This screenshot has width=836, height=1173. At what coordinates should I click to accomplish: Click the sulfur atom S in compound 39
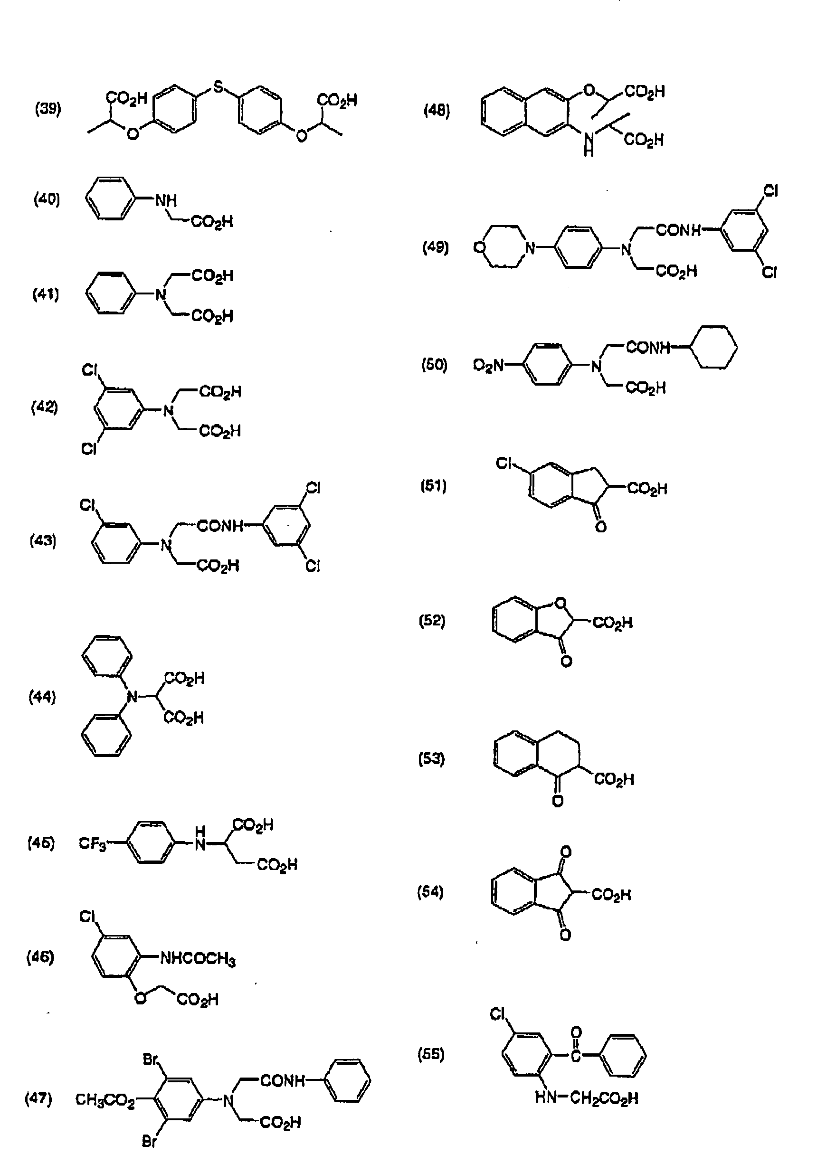(x=218, y=87)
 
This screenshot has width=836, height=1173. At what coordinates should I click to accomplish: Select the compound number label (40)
(x=47, y=199)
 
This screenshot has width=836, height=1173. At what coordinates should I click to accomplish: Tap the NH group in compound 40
(x=166, y=200)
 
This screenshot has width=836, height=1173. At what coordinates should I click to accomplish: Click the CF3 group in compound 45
(x=92, y=843)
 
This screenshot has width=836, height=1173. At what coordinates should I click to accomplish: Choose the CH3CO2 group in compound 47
(x=105, y=1100)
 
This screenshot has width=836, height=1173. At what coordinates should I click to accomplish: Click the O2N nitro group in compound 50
(x=488, y=366)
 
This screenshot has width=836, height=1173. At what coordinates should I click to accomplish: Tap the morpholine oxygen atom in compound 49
(x=479, y=248)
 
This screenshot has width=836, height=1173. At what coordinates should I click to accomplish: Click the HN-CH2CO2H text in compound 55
(x=586, y=1098)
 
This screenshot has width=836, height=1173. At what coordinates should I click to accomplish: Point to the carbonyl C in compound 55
(x=576, y=1056)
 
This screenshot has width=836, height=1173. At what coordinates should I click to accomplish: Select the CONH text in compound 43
(x=220, y=526)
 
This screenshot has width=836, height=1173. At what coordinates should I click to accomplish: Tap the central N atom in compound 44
(x=133, y=697)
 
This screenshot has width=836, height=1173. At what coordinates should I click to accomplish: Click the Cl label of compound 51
(x=503, y=464)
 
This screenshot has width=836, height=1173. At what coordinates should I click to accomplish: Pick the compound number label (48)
(x=437, y=110)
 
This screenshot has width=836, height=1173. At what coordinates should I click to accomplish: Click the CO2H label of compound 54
(x=611, y=895)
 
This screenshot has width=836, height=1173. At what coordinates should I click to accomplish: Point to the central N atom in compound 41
(x=161, y=295)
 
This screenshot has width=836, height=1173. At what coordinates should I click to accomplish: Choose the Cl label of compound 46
(x=87, y=917)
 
